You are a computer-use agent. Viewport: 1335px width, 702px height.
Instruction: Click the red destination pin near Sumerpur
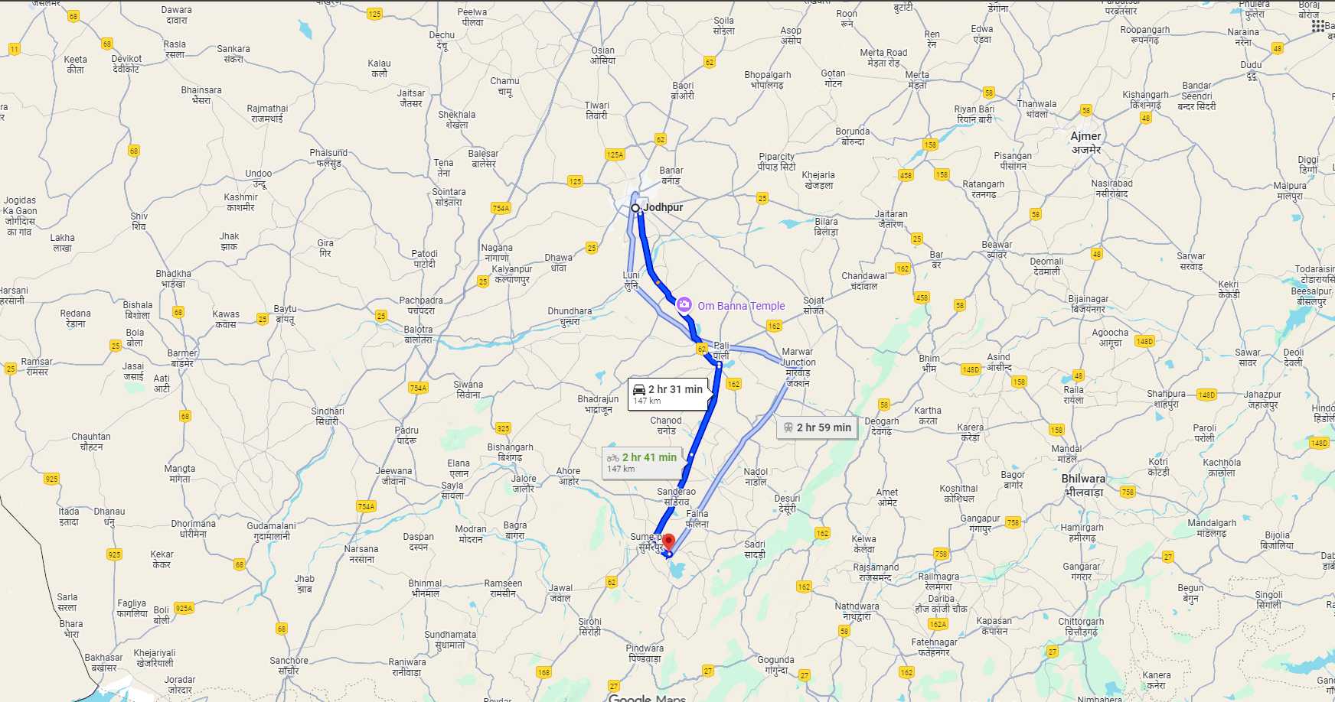click(x=668, y=542)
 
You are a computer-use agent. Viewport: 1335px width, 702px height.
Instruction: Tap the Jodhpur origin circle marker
click(x=635, y=208)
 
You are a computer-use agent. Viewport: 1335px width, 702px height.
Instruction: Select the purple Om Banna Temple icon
click(x=684, y=305)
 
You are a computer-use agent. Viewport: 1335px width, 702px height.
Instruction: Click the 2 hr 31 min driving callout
click(x=667, y=394)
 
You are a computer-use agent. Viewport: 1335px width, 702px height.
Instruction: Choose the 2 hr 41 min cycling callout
click(x=642, y=462)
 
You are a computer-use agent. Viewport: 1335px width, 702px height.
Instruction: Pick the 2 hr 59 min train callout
click(x=817, y=427)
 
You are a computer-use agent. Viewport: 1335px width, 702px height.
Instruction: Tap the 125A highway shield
click(x=615, y=154)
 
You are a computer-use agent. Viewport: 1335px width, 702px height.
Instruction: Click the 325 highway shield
click(x=503, y=428)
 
